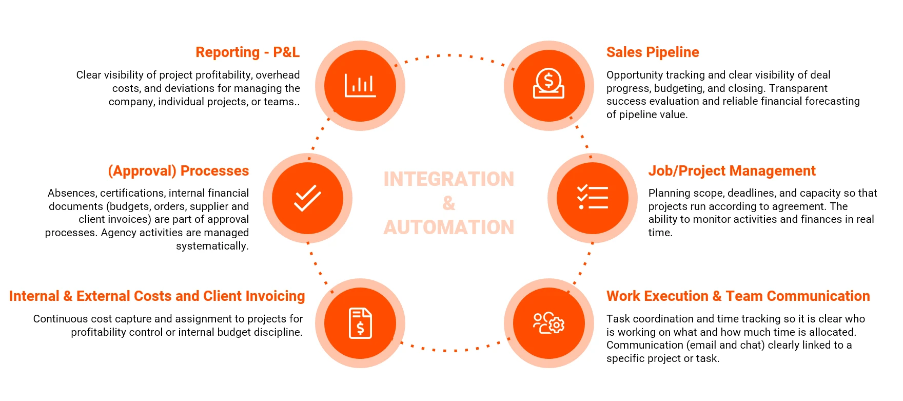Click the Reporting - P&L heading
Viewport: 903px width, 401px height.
247,52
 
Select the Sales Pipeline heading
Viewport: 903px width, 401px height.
653,52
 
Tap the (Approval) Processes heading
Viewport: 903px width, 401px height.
178,171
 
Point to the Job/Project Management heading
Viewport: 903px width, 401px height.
732,171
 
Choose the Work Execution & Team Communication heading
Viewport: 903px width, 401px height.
738,296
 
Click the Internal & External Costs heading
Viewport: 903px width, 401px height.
157,296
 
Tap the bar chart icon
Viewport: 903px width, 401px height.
360,86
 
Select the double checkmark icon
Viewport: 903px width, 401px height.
307,198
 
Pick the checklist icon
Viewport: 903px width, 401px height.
593,198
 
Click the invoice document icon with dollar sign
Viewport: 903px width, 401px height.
360,323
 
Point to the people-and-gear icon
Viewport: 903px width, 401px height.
548,323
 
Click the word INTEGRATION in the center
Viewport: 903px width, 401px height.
448,179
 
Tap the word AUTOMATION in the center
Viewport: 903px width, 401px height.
448,227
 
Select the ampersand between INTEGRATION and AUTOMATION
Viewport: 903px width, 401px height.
448,203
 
